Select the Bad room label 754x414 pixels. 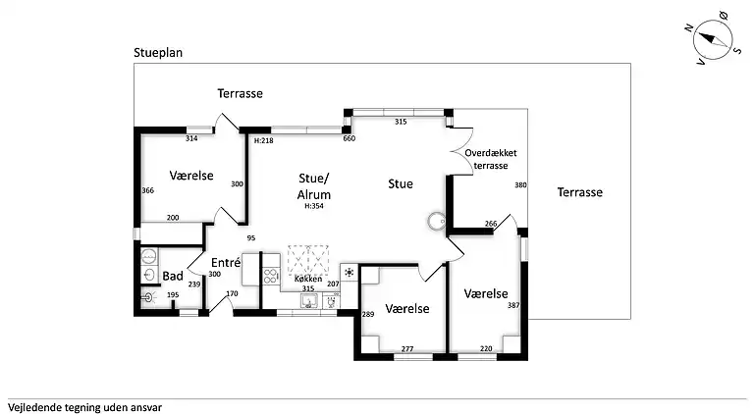click(x=173, y=277)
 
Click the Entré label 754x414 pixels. click(x=227, y=262)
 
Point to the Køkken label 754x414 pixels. click(x=308, y=279)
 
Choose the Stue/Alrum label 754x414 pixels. click(x=313, y=186)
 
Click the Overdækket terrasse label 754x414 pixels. click(x=497, y=160)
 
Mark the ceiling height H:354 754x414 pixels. click(x=314, y=206)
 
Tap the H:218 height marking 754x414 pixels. click(x=263, y=141)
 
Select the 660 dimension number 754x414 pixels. click(x=349, y=139)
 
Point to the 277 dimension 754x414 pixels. click(x=407, y=348)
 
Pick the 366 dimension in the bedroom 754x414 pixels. click(x=148, y=190)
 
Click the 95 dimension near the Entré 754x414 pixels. click(x=250, y=238)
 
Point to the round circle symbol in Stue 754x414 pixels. click(x=434, y=221)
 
